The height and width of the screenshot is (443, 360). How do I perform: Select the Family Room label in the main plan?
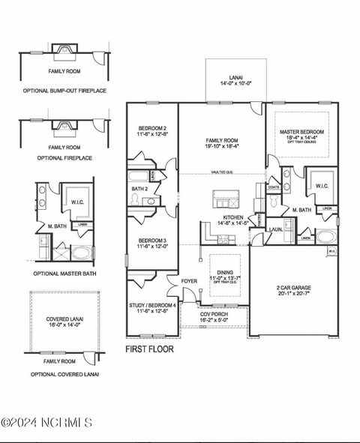coord(222,140)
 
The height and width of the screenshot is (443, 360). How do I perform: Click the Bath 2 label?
coord(139,189)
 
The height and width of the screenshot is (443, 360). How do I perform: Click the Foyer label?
coord(190,282)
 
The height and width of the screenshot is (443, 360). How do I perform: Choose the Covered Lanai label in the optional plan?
coord(64,322)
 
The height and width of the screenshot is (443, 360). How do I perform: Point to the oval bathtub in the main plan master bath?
coord(326,236)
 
